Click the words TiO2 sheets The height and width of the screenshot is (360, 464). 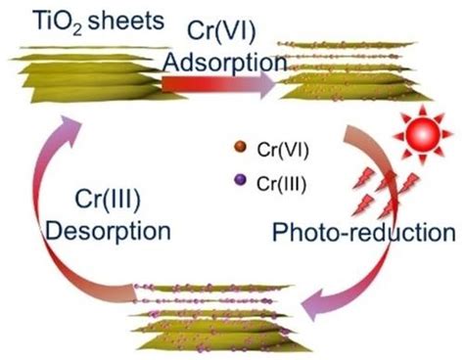99,22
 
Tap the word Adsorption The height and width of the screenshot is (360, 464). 225,62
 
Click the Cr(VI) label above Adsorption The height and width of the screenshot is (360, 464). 221,32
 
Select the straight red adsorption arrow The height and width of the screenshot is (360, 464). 219,84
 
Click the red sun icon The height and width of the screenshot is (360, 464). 423,134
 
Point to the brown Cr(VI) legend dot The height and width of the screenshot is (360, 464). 241,147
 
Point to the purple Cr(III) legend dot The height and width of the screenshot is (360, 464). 241,180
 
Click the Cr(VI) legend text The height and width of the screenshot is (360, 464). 283,151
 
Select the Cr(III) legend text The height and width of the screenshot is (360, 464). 282,184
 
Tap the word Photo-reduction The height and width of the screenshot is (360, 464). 364,232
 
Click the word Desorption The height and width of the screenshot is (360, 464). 108,231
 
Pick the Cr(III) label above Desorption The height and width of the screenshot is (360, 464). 108,200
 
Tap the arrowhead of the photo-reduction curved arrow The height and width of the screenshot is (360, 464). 314,304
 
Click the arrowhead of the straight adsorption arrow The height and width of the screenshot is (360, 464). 268,84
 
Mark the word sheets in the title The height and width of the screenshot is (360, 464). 126,22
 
